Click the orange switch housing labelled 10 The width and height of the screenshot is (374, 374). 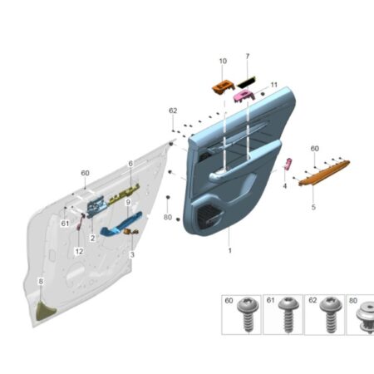(223, 87)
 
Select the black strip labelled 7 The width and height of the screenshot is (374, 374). (247, 82)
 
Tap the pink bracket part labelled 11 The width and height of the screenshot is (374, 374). (244, 96)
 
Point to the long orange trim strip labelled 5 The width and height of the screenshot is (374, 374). (324, 172)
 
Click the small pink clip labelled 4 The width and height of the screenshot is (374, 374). (288, 164)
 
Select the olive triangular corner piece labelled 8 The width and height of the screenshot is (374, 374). (45, 311)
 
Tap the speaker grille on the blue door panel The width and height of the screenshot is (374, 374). (210, 218)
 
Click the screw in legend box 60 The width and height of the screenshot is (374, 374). (248, 313)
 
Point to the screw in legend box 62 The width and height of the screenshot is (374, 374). (331, 314)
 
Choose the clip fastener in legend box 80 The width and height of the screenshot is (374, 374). (366, 317)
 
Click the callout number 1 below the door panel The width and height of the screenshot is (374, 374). (230, 250)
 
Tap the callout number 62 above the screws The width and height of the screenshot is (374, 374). (173, 111)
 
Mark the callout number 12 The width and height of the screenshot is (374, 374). (79, 251)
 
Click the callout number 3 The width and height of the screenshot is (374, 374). (132, 254)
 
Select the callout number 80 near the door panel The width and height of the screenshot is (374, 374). (168, 217)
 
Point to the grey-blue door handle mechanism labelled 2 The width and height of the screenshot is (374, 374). (96, 207)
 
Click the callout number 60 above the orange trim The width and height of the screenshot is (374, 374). (315, 149)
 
